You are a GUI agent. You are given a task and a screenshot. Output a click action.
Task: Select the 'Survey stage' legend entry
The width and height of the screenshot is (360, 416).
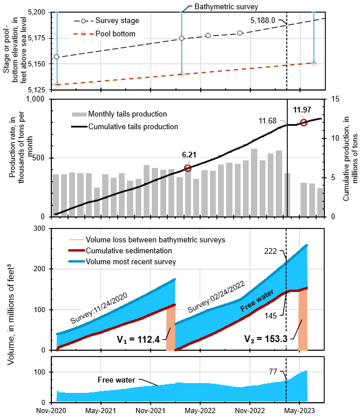point(113,21)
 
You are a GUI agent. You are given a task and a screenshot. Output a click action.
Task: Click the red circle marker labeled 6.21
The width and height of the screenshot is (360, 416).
point(187,168)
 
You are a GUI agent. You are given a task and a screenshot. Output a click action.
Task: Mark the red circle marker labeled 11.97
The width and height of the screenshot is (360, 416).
point(303,122)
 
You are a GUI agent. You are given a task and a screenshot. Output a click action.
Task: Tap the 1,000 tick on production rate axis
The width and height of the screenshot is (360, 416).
point(35,99)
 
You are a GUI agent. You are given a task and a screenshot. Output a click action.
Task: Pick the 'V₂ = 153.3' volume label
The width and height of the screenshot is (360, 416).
point(262,339)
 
